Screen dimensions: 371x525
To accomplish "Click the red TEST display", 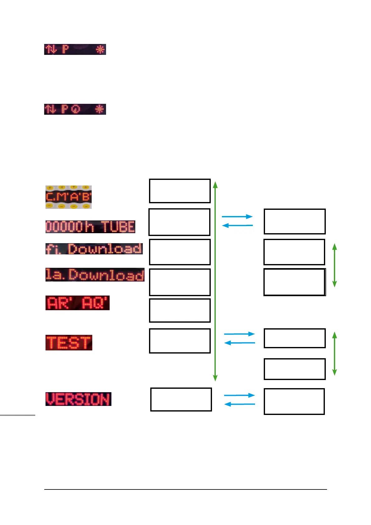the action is [x=69, y=343].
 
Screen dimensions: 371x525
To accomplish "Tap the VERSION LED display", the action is [x=78, y=399].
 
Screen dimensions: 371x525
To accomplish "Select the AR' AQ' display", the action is [x=77, y=303].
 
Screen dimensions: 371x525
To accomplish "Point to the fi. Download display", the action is [x=94, y=249].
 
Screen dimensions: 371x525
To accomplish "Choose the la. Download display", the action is [x=95, y=275].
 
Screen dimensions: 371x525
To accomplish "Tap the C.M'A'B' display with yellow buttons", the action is [x=69, y=197].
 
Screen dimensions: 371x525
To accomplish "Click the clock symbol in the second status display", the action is [x=75, y=109].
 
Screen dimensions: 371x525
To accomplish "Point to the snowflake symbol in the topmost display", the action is [x=100, y=49].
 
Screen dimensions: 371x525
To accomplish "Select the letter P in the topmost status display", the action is [x=65, y=49].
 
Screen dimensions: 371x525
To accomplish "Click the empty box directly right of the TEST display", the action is [x=180, y=341].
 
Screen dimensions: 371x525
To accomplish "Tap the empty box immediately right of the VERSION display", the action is [x=181, y=399].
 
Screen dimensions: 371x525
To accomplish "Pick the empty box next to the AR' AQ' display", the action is [x=180, y=311].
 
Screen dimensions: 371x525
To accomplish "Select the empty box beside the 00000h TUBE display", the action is [x=179, y=222].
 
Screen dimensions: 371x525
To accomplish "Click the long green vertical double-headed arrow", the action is [x=215, y=281].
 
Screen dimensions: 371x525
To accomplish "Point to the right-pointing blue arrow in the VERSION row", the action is [x=239, y=395].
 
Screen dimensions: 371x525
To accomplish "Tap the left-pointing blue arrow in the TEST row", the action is [x=239, y=343].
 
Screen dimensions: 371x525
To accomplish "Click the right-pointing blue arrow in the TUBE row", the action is [x=237, y=216].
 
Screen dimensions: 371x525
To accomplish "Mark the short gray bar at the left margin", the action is [x=17, y=415].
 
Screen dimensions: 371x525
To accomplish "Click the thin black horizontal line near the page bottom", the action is [x=185, y=489].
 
